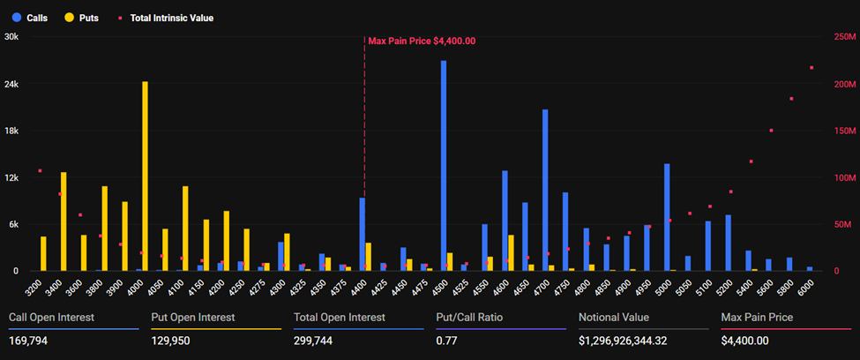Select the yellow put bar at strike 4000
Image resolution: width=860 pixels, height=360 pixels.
click(145, 176)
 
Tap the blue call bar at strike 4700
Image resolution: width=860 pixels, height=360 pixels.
click(545, 190)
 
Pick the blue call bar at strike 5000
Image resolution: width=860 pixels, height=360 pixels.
click(667, 217)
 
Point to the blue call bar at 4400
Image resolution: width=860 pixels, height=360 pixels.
click(362, 234)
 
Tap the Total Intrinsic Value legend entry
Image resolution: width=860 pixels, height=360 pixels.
click(165, 18)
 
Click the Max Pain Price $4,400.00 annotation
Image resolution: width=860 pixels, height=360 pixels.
click(422, 41)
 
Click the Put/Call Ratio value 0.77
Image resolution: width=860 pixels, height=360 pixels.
click(447, 341)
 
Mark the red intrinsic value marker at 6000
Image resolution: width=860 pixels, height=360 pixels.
click(811, 68)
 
